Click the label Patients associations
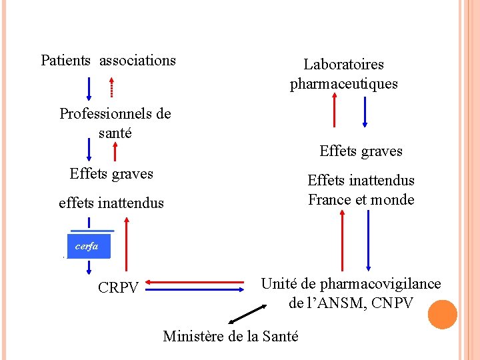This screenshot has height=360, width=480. click(108, 61)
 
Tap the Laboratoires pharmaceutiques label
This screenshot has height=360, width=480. click(343, 74)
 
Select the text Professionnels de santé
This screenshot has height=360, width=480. click(115, 123)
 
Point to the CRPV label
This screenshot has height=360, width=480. click(118, 288)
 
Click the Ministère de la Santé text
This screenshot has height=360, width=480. click(230, 336)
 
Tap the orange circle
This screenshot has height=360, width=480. click(442, 315)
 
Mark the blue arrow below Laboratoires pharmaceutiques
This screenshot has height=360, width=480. click(365, 111)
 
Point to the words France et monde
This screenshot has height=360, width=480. click(361, 199)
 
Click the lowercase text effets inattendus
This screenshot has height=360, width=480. click(111, 203)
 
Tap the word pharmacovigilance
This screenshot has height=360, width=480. click(380, 284)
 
